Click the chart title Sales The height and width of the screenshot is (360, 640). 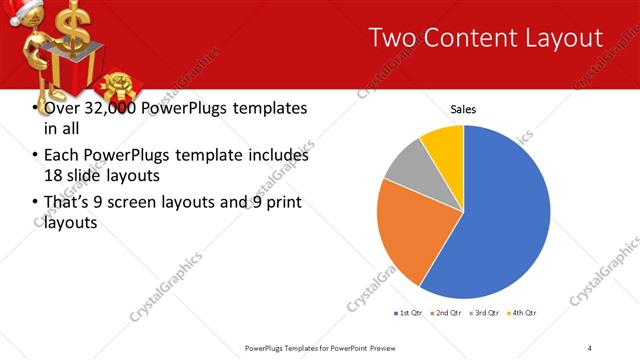tap(463, 108)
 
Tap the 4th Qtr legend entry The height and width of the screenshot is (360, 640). tap(523, 313)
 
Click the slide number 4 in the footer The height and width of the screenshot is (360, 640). tap(589, 347)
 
